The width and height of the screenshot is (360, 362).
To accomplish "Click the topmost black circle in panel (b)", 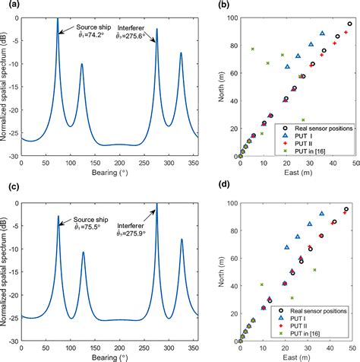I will point(349,24).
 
